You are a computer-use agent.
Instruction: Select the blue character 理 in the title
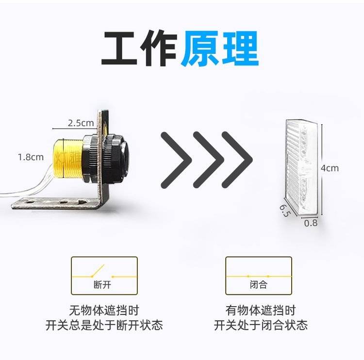(x=241, y=49)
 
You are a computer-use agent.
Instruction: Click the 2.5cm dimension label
(x=81, y=123)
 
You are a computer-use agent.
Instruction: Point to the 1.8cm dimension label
(x=31, y=157)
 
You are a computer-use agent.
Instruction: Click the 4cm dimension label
(x=330, y=168)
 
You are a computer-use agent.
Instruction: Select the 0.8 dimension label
(x=311, y=223)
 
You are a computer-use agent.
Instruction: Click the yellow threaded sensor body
(x=67, y=159)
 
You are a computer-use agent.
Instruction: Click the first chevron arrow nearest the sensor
(x=176, y=160)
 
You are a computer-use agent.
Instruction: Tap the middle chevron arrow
(x=208, y=160)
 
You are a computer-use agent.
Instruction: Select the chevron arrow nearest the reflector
(x=237, y=160)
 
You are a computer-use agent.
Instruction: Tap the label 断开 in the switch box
(x=102, y=285)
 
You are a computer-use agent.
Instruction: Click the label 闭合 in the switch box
(x=259, y=285)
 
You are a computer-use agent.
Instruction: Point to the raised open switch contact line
(x=98, y=270)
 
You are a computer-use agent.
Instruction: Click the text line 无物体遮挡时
(x=104, y=311)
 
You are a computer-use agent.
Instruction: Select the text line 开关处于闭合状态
(x=261, y=325)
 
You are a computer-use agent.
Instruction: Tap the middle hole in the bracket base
(x=63, y=203)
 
